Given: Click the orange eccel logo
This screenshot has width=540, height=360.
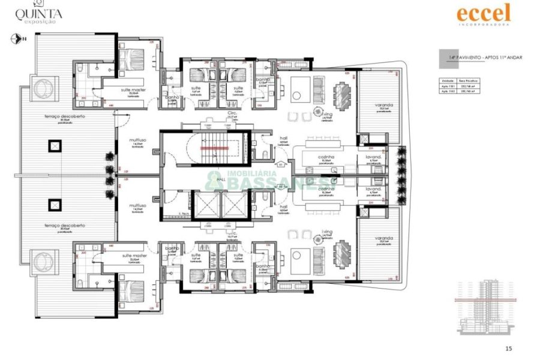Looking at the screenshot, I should (x=483, y=13).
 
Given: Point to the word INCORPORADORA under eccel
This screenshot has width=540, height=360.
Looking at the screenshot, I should (x=483, y=25).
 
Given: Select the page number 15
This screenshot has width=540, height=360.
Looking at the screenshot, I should (x=509, y=348).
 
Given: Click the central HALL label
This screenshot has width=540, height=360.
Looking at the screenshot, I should (x=220, y=179).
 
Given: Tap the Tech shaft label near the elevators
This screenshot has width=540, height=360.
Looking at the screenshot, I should (x=184, y=214).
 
